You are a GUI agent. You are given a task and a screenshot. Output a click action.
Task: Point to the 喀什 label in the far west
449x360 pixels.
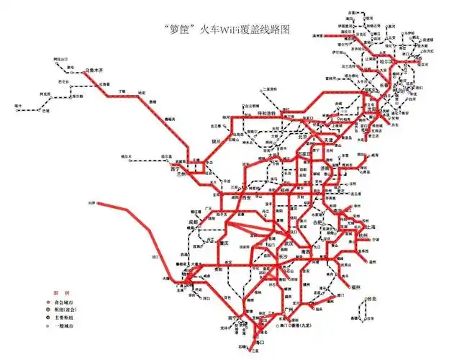pyautogui.click(x=17, y=106)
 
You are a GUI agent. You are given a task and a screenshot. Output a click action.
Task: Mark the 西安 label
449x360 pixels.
pyautogui.click(x=248, y=197)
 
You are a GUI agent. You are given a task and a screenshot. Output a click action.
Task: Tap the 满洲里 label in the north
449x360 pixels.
pyautogui.click(x=317, y=35)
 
